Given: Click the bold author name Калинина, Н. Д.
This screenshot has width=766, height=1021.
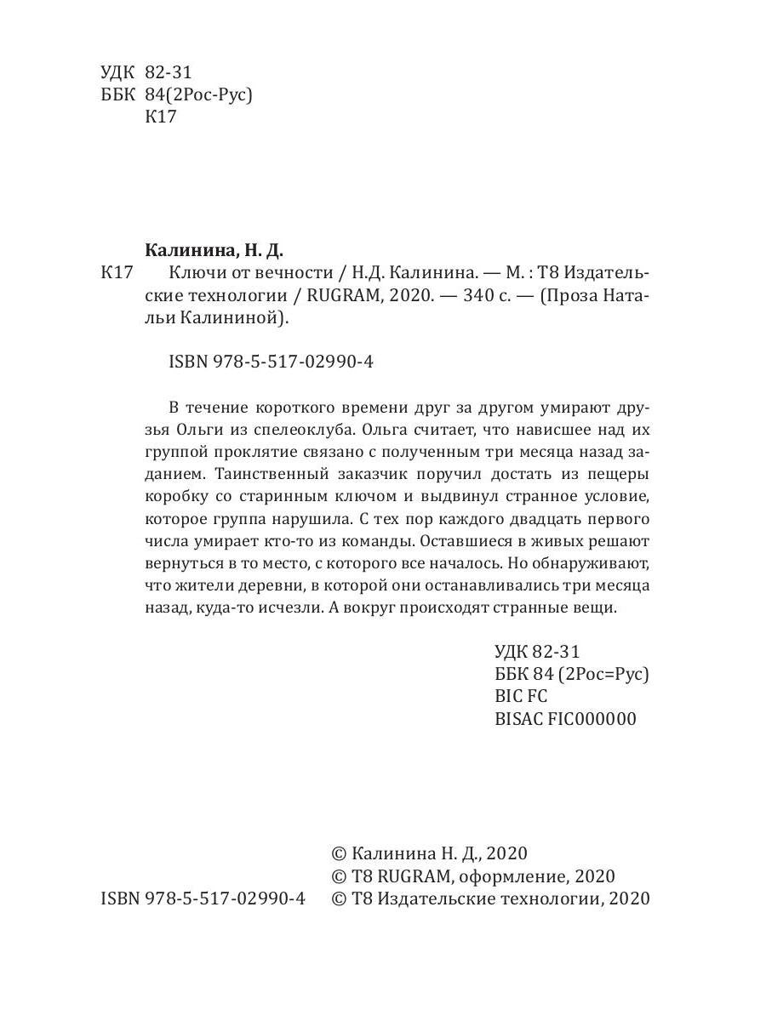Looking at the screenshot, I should point(214,250).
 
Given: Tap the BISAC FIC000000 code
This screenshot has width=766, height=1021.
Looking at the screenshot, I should point(565,718).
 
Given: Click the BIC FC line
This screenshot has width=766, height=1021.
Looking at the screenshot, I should point(521,696).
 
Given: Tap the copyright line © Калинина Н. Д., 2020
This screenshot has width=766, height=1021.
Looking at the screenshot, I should point(429,853).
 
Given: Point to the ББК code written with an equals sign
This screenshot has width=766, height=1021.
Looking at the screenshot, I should point(571,674).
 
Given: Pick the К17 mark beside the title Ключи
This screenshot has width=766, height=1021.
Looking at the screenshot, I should point(117,273).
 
